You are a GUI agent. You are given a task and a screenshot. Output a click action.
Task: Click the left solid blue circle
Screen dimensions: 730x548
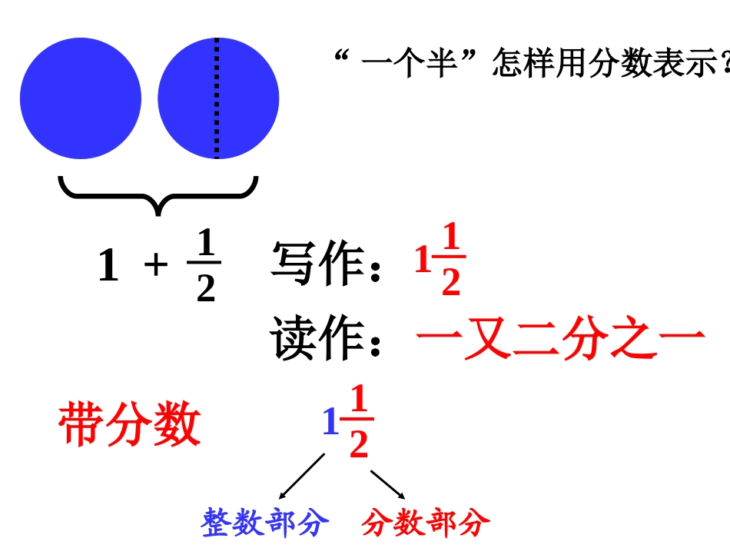click(81, 98)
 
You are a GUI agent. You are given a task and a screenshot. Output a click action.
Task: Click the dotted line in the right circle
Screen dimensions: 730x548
click(217, 98)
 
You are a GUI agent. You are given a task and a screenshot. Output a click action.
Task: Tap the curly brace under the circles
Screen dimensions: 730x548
click(158, 194)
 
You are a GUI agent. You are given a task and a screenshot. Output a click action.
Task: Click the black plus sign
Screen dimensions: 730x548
click(156, 265)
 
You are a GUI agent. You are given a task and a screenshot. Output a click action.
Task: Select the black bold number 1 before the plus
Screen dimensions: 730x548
click(108, 266)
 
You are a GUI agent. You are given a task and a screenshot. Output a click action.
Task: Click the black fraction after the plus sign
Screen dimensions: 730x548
click(205, 266)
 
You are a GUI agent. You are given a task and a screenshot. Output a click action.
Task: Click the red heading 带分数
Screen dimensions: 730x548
click(129, 423)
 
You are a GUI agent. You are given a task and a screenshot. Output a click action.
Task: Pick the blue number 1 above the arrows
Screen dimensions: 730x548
click(330, 423)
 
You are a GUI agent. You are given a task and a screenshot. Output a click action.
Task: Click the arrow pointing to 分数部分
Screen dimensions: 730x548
click(387, 484)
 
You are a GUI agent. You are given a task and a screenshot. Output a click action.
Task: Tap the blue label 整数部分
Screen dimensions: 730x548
click(265, 523)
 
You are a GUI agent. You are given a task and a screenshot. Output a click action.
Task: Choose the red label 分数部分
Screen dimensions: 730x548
click(426, 523)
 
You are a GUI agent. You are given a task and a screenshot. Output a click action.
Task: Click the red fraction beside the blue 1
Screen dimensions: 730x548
click(359, 423)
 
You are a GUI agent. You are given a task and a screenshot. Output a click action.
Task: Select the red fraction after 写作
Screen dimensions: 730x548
click(450, 261)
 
